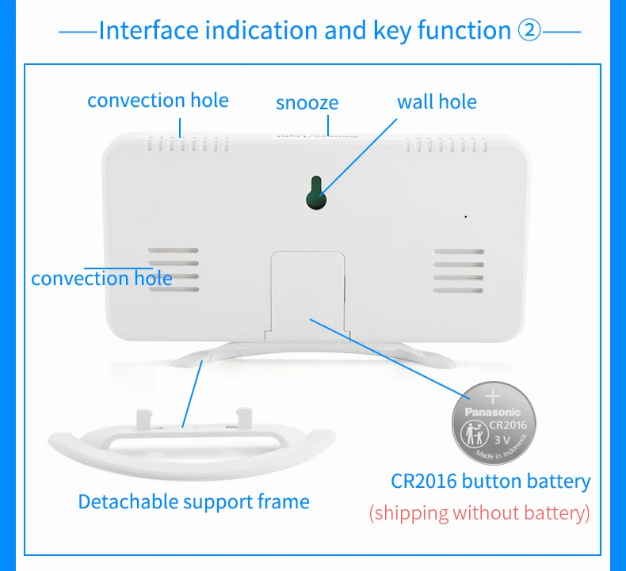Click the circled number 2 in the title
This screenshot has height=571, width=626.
pos(529,31)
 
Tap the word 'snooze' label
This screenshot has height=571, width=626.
pos(307,103)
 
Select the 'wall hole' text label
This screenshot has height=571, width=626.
pos(437,101)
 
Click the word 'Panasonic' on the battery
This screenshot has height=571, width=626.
pos(492,412)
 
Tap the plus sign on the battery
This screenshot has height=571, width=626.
pos(493,394)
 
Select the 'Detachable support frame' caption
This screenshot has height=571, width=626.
pos(193,501)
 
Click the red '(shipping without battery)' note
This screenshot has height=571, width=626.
pos(479,512)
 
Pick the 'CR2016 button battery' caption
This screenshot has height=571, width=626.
pos(490,481)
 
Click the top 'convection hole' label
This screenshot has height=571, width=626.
pos(158,101)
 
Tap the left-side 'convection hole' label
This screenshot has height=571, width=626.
pos(101,278)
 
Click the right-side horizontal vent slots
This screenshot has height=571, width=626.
pos(458,270)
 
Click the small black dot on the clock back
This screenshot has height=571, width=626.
pos(466,216)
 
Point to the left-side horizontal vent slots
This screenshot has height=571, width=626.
pos(172,270)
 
